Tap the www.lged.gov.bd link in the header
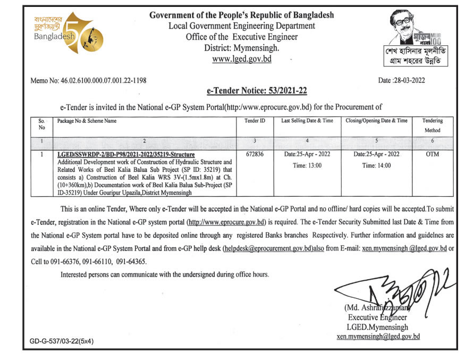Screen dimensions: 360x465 coord(242,59)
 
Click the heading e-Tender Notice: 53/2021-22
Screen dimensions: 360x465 coord(257,91)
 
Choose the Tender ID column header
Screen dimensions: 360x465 coord(255,121)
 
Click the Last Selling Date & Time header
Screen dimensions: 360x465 coord(307,121)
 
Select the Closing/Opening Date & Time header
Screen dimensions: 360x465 coord(376,121)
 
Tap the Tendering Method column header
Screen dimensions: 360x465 coord(432,125)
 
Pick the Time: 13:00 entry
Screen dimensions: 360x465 coord(307,165)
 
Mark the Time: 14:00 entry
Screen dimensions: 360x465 coord(376,165)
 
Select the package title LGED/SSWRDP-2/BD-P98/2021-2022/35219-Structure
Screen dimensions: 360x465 coord(126,154)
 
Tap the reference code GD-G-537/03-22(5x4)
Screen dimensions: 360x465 coord(62,342)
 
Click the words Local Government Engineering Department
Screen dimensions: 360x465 coord(242,26)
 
